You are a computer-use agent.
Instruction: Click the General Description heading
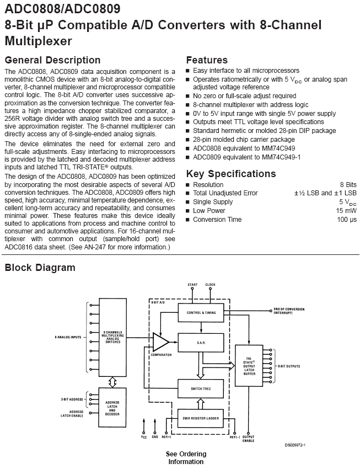(x=52, y=60)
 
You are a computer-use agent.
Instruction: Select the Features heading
(x=207, y=60)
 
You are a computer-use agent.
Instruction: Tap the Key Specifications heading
(x=231, y=174)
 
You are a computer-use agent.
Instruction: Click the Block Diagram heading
(x=40, y=268)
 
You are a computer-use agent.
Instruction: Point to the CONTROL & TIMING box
(x=201, y=312)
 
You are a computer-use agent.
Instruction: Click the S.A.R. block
(x=201, y=343)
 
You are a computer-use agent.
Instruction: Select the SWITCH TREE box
(x=201, y=388)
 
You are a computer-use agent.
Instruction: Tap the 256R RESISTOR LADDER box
(x=201, y=418)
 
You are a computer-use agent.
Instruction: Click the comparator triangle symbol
(x=160, y=342)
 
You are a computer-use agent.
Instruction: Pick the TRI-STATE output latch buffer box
(x=249, y=365)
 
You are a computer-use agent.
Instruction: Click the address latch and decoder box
(x=112, y=408)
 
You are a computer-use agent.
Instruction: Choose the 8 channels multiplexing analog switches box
(x=112, y=337)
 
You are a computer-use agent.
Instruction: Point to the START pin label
(x=192, y=285)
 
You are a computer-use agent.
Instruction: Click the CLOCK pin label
(x=210, y=285)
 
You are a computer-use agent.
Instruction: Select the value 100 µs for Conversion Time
(x=347, y=220)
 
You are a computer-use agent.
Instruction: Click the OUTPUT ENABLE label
(x=248, y=439)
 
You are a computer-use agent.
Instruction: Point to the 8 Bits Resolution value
(x=348, y=185)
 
